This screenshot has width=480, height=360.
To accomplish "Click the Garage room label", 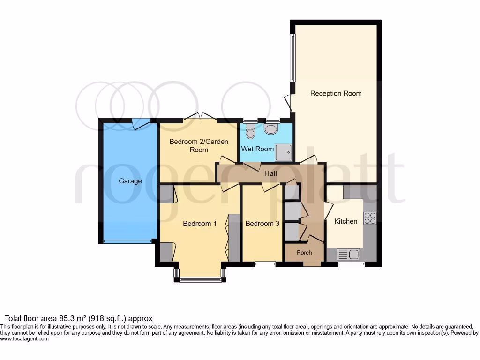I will click(130, 181).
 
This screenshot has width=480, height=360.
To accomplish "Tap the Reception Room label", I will click(336, 93).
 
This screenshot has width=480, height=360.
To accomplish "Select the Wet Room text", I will click(257, 149).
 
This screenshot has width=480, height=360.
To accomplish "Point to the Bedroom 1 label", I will click(199, 224).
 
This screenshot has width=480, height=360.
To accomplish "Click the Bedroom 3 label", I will click(262, 224).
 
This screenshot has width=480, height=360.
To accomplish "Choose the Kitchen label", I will click(345, 221).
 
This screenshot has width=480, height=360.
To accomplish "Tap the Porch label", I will click(304, 253).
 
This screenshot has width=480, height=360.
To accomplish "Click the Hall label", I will click(270, 174).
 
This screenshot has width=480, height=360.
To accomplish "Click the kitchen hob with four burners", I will click(370, 218).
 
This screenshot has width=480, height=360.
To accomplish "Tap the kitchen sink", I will click(348, 255).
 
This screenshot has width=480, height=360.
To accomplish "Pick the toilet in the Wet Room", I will click(251, 132).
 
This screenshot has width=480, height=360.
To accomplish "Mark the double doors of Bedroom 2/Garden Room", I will click(199, 116).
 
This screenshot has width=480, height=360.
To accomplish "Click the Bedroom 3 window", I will click(265, 264).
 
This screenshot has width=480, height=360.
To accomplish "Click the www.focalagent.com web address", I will click(24, 338).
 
